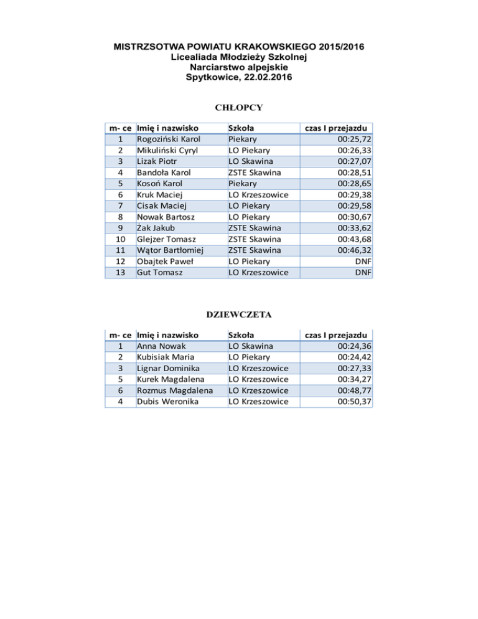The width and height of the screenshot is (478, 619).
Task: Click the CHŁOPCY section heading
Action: tap(238, 107)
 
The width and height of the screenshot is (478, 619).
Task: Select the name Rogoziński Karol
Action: tap(168, 139)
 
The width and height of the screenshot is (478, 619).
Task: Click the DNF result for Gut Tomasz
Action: tap(363, 273)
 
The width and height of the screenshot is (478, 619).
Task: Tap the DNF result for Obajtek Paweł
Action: tap(363, 262)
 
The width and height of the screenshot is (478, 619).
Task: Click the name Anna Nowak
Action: tap(160, 346)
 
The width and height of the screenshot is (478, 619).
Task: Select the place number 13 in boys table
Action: tap(123, 273)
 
